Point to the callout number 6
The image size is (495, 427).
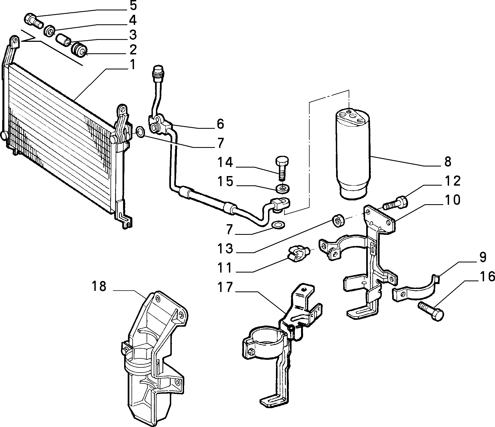(220, 124)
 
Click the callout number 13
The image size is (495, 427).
(225, 249)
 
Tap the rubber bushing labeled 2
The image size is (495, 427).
(79, 49)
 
